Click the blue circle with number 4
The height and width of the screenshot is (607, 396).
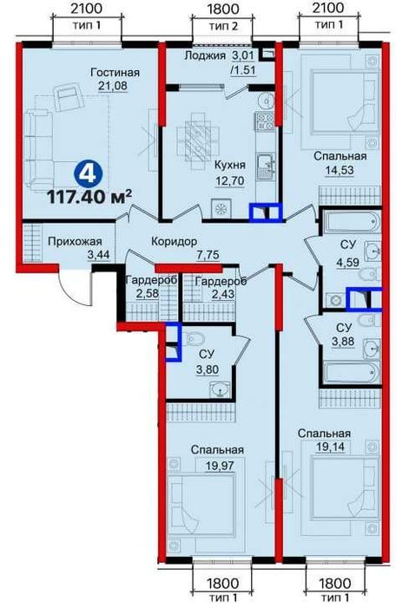click(x=87, y=174)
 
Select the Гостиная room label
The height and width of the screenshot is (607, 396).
click(x=115, y=72)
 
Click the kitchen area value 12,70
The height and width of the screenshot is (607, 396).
click(x=231, y=180)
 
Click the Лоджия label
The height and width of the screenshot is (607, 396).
click(x=205, y=55)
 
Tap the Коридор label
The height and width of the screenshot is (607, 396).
click(x=175, y=241)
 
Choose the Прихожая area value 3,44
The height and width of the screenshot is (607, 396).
click(x=98, y=255)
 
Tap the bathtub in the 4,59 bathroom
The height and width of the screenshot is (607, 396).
click(x=351, y=222)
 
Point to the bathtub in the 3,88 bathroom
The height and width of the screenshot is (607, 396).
click(x=351, y=373)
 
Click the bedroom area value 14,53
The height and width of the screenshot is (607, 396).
click(x=340, y=170)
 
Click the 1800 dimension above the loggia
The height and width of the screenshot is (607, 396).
click(x=223, y=10)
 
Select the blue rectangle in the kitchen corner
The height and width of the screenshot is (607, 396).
click(x=266, y=213)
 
